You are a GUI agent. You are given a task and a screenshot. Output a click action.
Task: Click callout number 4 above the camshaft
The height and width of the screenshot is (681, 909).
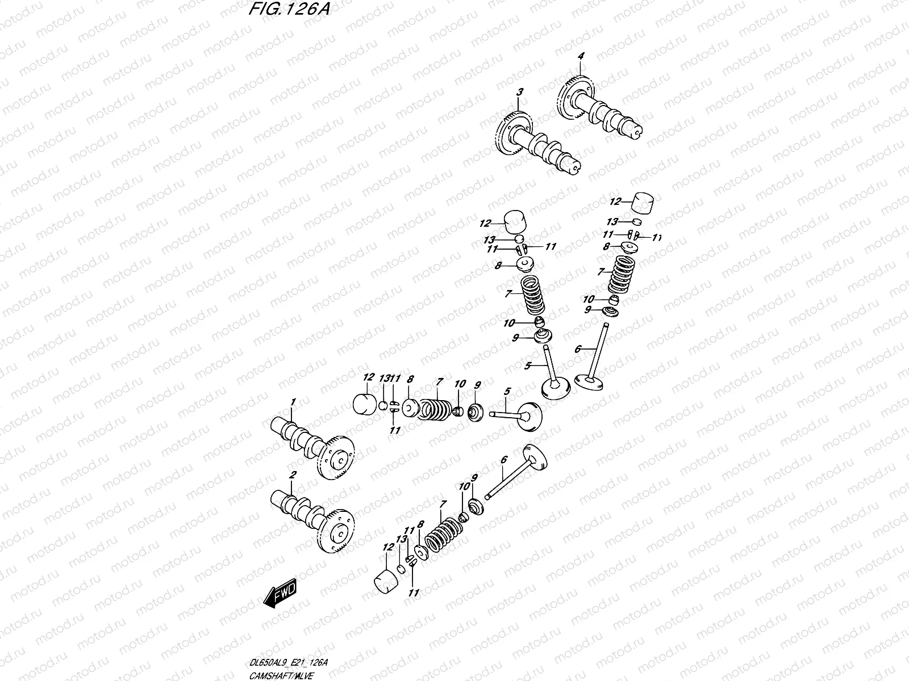point(581,56)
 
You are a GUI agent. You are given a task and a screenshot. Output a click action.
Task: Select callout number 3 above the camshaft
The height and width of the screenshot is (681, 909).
point(519,92)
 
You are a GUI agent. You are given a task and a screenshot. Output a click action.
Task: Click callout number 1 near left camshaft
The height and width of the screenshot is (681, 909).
point(293,402)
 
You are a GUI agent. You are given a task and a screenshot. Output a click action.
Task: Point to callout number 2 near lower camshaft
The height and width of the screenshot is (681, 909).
point(292,474)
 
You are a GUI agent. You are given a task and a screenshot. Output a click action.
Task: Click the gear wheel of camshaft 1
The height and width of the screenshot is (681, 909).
point(336,457)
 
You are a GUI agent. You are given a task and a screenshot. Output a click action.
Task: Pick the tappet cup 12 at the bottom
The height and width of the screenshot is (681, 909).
point(386,583)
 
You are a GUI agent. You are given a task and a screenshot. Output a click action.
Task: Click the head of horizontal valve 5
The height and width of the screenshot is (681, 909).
point(528,417)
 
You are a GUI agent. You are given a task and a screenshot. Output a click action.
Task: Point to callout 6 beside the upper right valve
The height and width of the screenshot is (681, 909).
point(578,349)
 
